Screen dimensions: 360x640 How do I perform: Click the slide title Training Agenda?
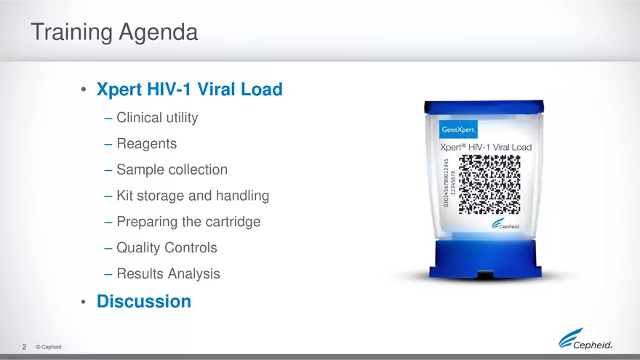[x=113, y=33]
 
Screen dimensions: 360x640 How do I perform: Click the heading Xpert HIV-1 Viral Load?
[x=189, y=90]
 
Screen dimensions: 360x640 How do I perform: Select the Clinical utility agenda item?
[x=157, y=117]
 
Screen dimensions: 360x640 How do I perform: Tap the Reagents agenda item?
[x=146, y=143]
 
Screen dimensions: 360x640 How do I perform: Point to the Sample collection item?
[x=172, y=169]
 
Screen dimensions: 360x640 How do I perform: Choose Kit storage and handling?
[x=193, y=196]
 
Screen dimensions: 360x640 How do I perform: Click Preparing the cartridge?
[x=188, y=222]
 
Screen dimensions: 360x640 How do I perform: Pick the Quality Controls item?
[x=167, y=248]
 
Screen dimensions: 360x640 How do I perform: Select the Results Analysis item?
[x=168, y=274]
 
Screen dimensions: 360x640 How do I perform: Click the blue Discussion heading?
[x=144, y=301]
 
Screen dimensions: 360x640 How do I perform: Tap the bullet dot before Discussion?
[x=84, y=302]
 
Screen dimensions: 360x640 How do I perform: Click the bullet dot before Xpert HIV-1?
[x=84, y=91]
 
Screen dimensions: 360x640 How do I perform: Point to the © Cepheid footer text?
[x=48, y=347]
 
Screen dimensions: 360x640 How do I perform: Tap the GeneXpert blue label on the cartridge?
[x=458, y=129]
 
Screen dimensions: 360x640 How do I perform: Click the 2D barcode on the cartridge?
[x=490, y=185]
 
